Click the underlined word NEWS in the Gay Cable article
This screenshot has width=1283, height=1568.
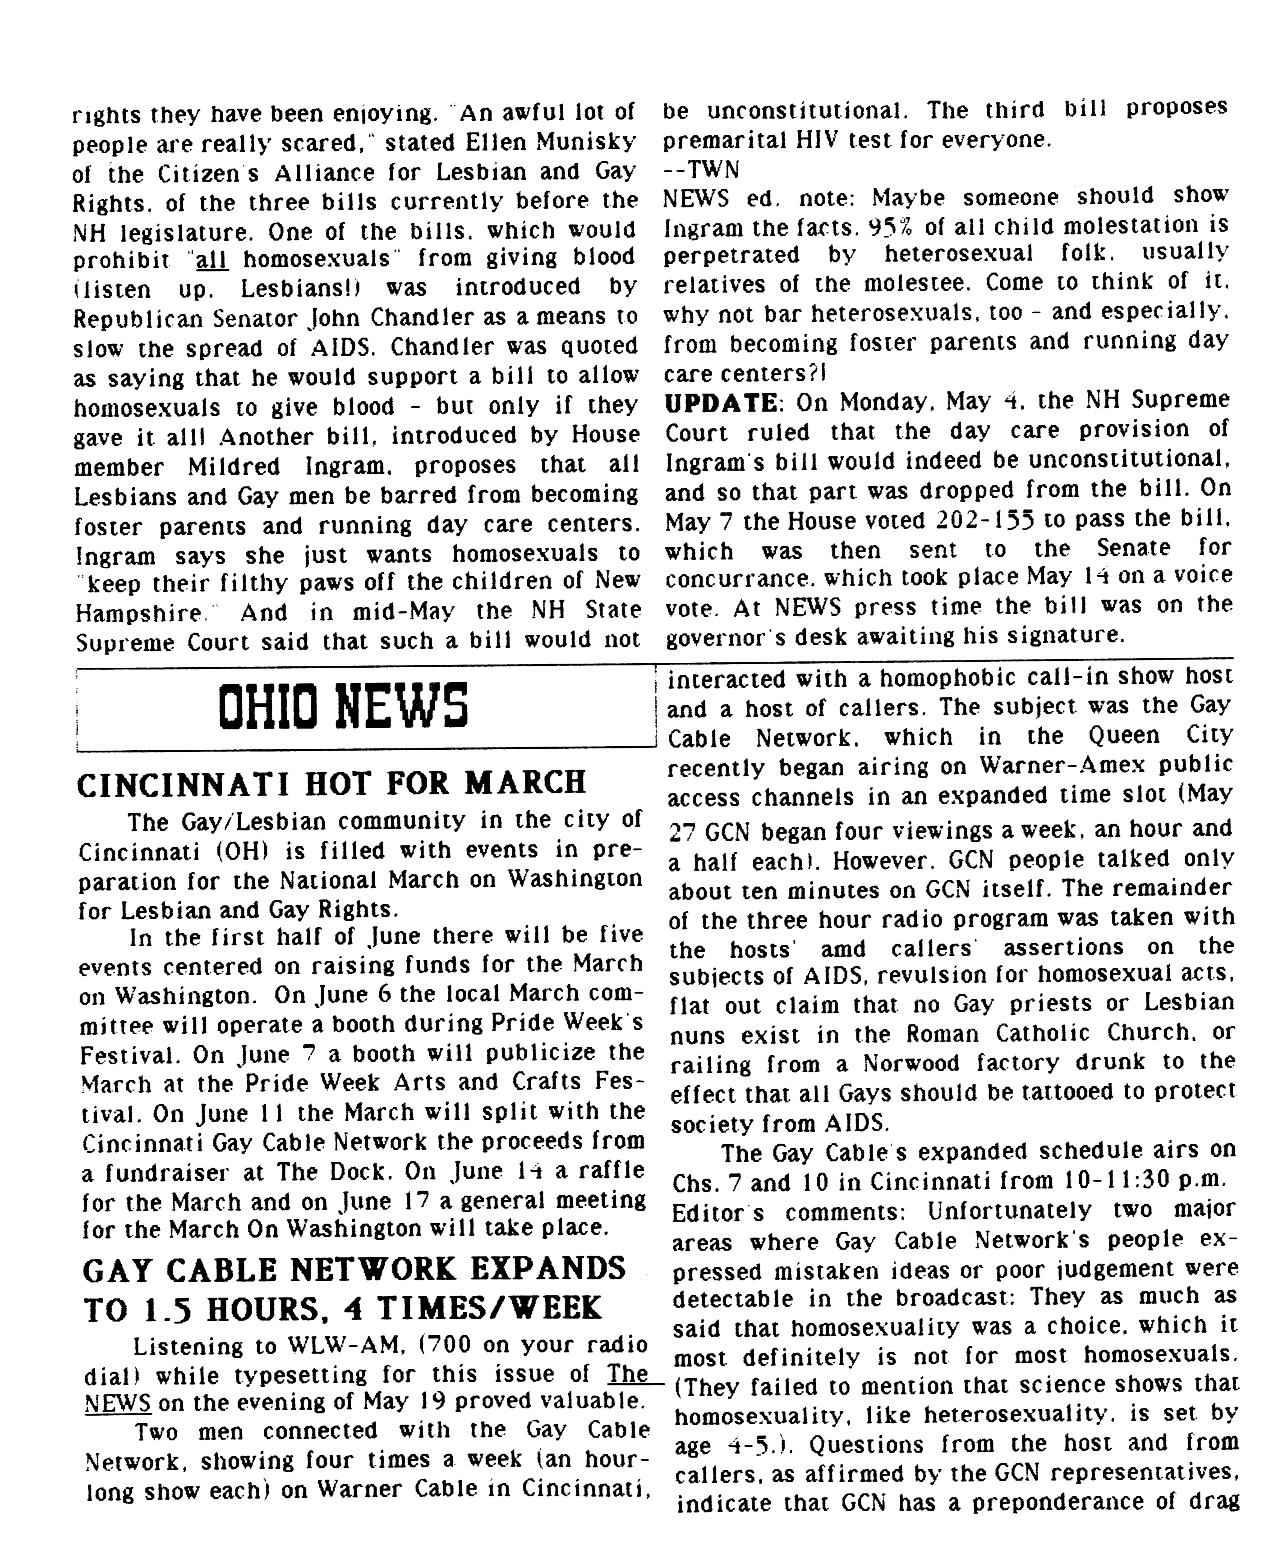[x=118, y=1403]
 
